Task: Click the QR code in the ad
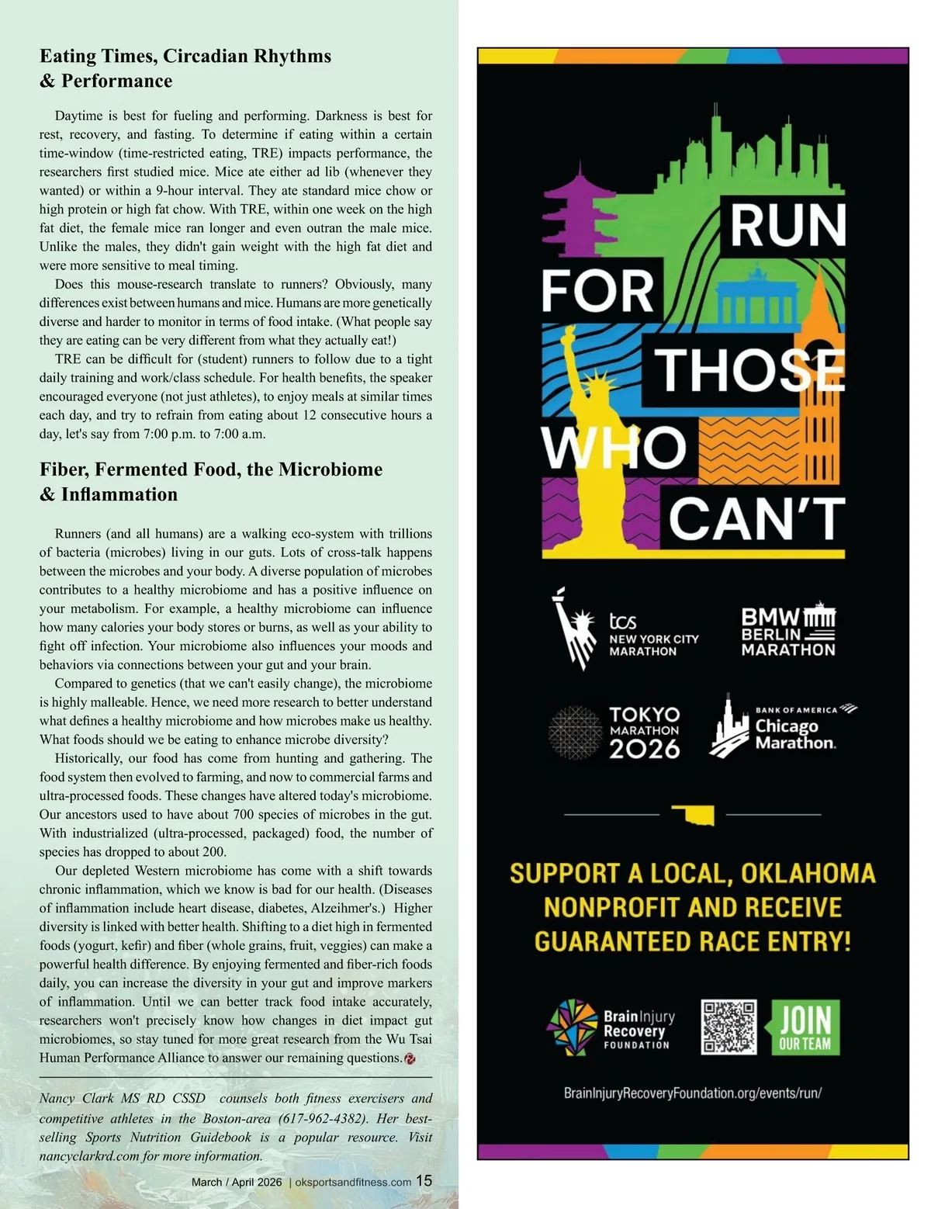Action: pyautogui.click(x=729, y=1027)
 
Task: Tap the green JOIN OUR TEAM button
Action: pyautogui.click(x=805, y=1027)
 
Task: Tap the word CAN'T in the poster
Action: pyautogui.click(x=756, y=519)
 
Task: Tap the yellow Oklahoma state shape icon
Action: pyautogui.click(x=693, y=816)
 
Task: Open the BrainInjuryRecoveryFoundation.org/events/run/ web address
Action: pyautogui.click(x=692, y=1093)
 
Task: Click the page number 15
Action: pyautogui.click(x=424, y=1180)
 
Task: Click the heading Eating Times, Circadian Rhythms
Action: pyautogui.click(x=185, y=56)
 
